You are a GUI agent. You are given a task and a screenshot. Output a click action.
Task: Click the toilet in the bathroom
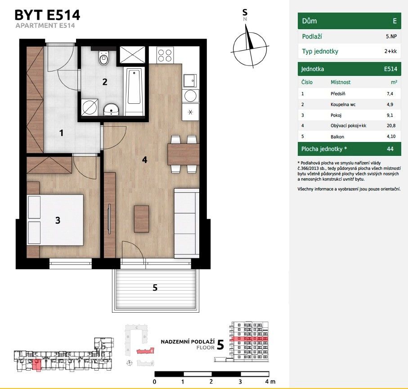(103, 57)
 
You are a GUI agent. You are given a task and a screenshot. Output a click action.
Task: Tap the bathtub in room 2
(134, 91)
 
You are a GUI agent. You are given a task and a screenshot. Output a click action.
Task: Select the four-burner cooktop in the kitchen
(165, 55)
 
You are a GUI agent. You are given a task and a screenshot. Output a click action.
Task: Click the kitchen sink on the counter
(190, 80)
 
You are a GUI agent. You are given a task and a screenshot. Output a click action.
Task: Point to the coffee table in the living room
(142, 219)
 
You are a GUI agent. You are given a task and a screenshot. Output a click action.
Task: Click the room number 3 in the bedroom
(58, 221)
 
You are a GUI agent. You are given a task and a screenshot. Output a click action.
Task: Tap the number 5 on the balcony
(155, 287)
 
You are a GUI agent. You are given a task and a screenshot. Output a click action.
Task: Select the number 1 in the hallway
(62, 133)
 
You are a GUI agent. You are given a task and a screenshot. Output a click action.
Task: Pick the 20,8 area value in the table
(391, 126)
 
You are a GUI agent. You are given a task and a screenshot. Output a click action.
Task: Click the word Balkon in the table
(337, 137)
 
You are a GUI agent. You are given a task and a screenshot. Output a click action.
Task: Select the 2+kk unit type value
(390, 51)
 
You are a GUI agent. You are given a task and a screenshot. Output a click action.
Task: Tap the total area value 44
(390, 149)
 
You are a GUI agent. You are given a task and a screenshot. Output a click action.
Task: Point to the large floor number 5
(220, 345)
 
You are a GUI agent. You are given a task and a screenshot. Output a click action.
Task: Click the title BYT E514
(47, 15)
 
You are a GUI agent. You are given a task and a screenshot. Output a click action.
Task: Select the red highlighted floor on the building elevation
(250, 339)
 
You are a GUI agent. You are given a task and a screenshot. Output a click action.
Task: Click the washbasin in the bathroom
(112, 110)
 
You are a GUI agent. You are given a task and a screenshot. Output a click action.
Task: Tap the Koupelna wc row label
(343, 105)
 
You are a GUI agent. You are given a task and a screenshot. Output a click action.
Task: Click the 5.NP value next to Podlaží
(391, 36)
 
